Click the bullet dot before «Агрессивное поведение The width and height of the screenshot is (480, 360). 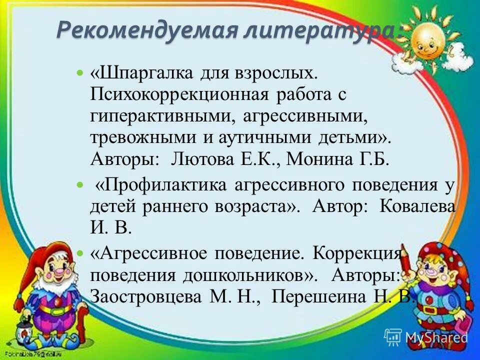coord(80,254)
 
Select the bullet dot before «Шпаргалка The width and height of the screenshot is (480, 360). coord(80,74)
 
